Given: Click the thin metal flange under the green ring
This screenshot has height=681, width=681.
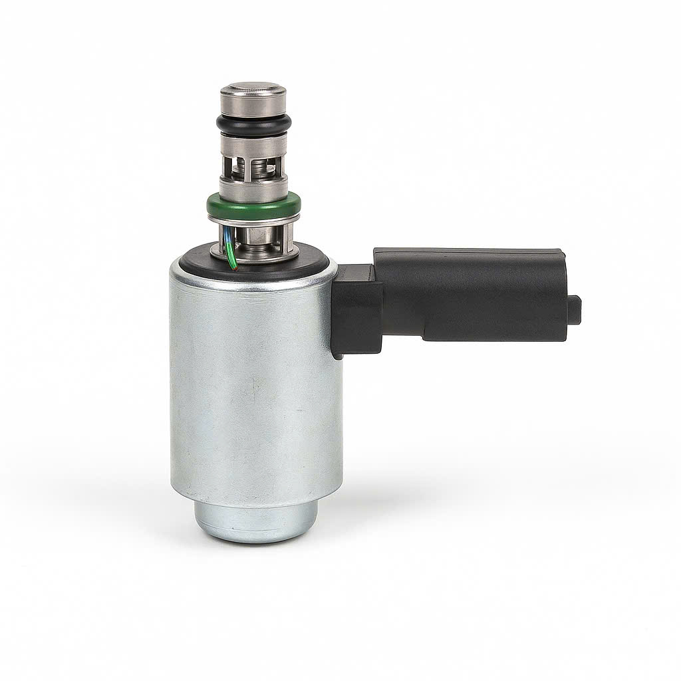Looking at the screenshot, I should click(x=255, y=222).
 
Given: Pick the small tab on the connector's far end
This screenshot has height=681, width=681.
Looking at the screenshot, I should click(x=575, y=310).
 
